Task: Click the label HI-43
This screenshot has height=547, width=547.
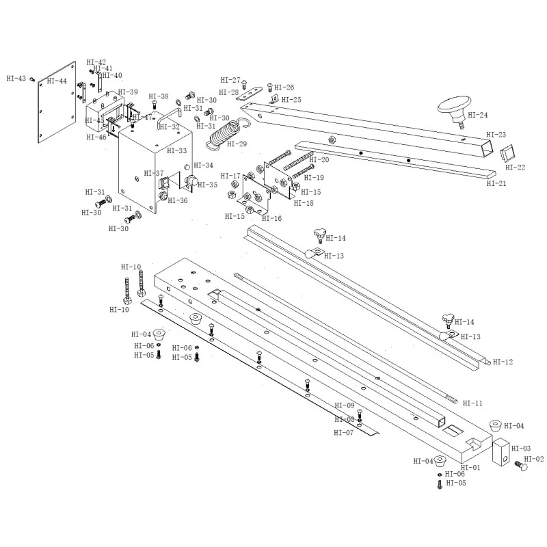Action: pyautogui.click(x=16, y=79)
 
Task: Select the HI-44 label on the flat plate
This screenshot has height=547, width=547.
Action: pyautogui.click(x=57, y=81)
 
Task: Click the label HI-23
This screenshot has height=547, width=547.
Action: pyautogui.click(x=496, y=135)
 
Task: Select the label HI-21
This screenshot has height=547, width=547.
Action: pyautogui.click(x=496, y=183)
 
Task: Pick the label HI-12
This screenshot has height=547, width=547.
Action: pyautogui.click(x=503, y=362)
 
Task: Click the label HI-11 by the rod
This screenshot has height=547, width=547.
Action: pyautogui.click(x=472, y=403)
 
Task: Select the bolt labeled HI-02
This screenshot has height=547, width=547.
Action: pyautogui.click(x=522, y=466)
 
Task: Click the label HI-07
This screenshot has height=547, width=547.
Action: pyautogui.click(x=344, y=432)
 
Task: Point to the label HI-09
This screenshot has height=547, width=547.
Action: pyautogui.click(x=345, y=405)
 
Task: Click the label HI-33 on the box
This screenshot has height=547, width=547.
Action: pyautogui.click(x=177, y=150)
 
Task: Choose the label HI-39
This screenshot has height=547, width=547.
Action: pyautogui.click(x=128, y=92)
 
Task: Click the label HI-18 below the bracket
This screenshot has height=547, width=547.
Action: pyautogui.click(x=304, y=203)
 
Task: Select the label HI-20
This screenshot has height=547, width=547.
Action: pyautogui.click(x=319, y=160)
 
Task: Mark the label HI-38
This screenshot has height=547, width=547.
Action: pyautogui.click(x=158, y=96)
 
